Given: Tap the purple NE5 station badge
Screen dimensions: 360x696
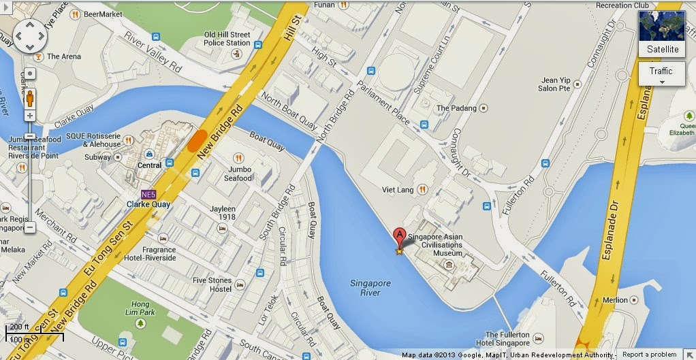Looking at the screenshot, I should pyautogui.click(x=148, y=193).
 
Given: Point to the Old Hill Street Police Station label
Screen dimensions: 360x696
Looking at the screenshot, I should pyautogui.click(x=227, y=39).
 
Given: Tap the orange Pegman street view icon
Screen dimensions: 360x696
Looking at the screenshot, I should pyautogui.click(x=30, y=99).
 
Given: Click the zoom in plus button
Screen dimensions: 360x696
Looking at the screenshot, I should pyautogui.click(x=30, y=116).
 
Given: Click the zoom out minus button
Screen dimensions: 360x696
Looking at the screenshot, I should pyautogui.click(x=30, y=227).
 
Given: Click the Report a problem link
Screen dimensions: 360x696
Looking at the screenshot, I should pyautogui.click(x=649, y=355).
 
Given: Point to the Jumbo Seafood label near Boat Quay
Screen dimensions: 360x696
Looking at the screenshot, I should pyautogui.click(x=240, y=174).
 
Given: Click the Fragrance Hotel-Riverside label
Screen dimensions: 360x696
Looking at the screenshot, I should pyautogui.click(x=150, y=255).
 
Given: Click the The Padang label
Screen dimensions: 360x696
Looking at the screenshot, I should pyautogui.click(x=453, y=108).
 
